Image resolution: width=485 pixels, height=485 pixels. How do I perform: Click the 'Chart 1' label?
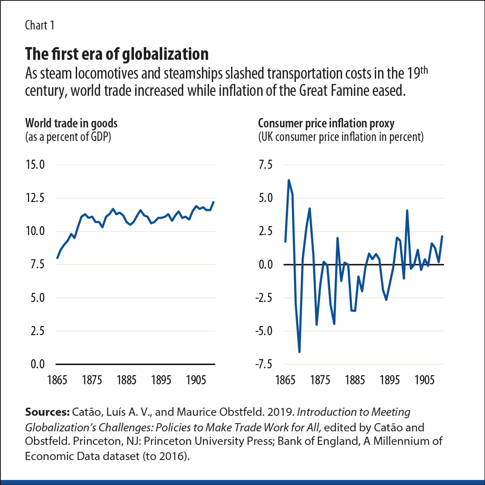[40, 25]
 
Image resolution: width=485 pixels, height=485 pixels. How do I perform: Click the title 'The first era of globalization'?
[116, 54]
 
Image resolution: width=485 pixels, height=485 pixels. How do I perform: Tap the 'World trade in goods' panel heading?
[71, 123]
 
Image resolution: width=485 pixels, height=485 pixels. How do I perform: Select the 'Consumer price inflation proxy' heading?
[326, 123]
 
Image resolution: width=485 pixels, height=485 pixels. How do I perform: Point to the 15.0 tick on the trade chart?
[35, 165]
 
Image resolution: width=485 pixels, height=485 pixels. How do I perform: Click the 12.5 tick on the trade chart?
[35, 198]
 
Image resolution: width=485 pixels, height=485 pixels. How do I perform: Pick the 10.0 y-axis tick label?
[35, 231]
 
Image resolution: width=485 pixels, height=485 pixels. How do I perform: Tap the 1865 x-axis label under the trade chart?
[57, 380]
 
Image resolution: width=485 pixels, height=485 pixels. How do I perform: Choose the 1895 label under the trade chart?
[161, 380]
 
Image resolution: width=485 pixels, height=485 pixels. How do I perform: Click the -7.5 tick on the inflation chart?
[263, 364]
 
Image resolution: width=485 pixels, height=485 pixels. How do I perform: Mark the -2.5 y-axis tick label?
[263, 298]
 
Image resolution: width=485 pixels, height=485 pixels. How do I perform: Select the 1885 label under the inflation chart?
[355, 380]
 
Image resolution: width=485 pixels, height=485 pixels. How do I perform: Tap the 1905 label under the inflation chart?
[425, 380]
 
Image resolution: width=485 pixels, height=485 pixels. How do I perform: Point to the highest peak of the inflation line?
[289, 180]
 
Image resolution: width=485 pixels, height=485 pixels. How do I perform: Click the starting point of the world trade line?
[57, 258]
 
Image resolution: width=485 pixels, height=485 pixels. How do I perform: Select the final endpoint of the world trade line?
[214, 202]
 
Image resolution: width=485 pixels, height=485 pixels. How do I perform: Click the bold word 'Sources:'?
[47, 412]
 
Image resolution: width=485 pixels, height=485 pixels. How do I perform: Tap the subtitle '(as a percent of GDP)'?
[68, 137]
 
